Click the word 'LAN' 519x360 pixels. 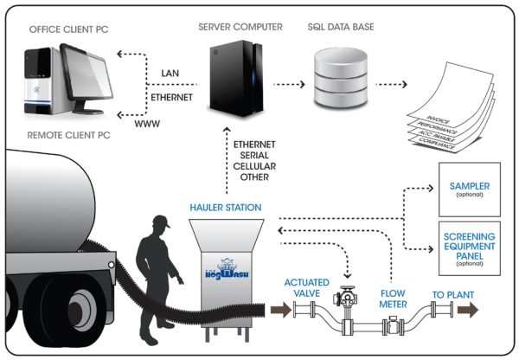click(170, 72)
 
